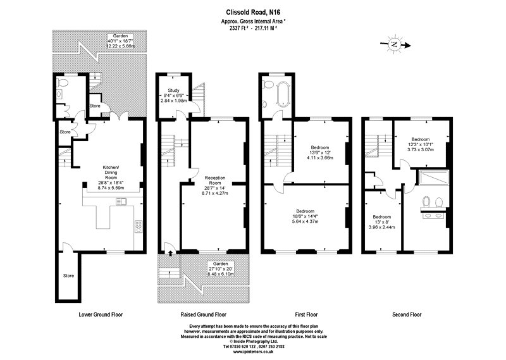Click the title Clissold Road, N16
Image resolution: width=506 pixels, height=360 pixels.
click(254, 11)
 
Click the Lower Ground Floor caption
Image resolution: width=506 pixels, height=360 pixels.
click(101, 314)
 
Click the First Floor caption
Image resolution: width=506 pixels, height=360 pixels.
click(306, 314)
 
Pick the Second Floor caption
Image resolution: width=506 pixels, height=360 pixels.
click(407, 314)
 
